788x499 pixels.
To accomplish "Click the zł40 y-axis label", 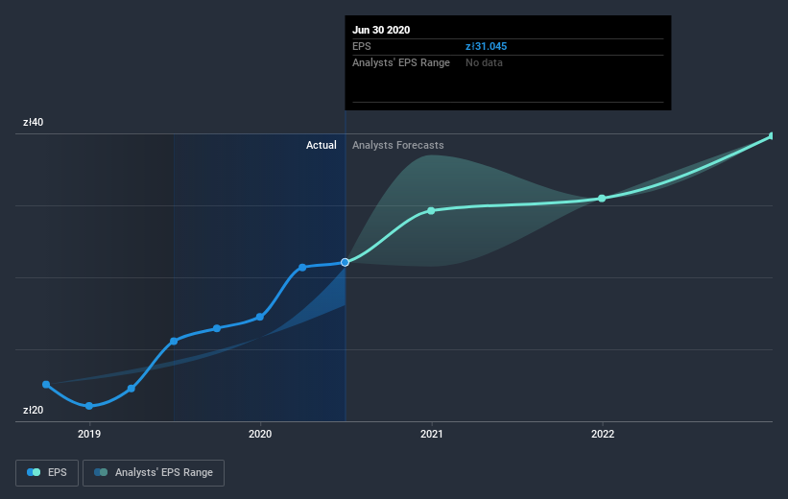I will (x=34, y=123).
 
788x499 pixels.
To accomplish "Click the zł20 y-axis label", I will (x=34, y=411).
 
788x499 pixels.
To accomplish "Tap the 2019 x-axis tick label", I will (x=89, y=434).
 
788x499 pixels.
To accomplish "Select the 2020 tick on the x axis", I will (x=260, y=434).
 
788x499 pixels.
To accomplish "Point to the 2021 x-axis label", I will (x=431, y=434).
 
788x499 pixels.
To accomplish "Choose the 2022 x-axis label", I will (x=603, y=434).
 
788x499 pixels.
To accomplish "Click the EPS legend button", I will (x=47, y=472).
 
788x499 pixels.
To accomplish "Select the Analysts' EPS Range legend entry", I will (x=154, y=472).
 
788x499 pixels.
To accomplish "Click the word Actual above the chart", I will (x=321, y=145).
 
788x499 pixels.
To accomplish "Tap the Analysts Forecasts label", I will (x=397, y=145).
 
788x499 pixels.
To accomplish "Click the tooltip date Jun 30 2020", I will (x=382, y=30).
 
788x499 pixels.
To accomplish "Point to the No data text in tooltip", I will (x=484, y=62).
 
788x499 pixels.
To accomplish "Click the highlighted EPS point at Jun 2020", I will (x=345, y=262).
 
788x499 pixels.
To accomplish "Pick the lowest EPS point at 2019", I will (x=89, y=406).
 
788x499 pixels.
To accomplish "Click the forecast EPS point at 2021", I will (x=431, y=210).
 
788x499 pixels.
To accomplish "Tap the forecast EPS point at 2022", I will (x=602, y=199).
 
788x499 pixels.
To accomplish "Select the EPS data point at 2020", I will (x=260, y=317).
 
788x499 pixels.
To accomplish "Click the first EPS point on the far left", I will (x=46, y=385).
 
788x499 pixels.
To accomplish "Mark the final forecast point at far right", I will (x=772, y=136).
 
